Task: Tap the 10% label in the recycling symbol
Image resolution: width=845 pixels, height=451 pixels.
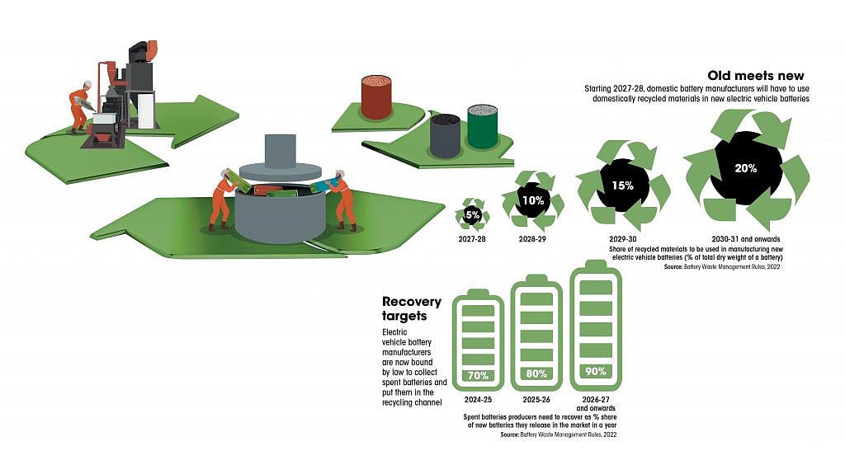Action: pyautogui.click(x=532, y=200)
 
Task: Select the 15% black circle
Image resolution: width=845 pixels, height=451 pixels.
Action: pyautogui.click(x=623, y=185)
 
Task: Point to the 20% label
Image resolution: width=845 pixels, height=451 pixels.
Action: pyautogui.click(x=746, y=167)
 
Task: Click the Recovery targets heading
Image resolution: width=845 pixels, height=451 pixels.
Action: pyautogui.click(x=412, y=308)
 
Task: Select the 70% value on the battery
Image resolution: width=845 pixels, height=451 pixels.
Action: pyautogui.click(x=478, y=376)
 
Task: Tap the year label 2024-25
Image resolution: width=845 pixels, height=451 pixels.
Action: pyautogui.click(x=478, y=399)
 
